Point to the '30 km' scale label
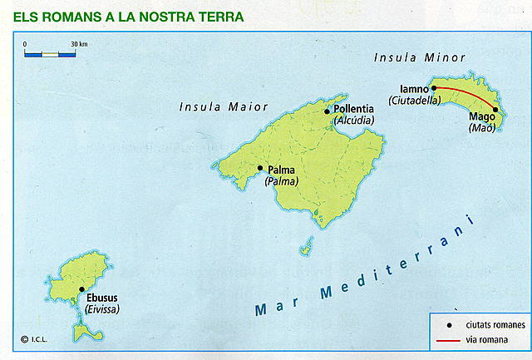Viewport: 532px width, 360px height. pos(79,44)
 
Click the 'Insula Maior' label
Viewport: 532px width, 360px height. pos(224,106)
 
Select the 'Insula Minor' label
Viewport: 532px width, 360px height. pos(420,57)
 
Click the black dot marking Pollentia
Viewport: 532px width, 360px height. pos(328,111)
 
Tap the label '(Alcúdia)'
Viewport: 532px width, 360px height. pos(354,121)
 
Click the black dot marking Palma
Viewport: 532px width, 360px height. pos(260,168)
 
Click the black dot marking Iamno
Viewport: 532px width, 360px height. pos(433,87)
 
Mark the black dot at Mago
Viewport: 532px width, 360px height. pos(495,110)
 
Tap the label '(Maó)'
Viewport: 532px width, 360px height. pos(482,128)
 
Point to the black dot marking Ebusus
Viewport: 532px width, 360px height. pos(81,290)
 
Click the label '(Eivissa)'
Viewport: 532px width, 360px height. pos(102,308)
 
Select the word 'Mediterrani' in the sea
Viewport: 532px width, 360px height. pos(399,259)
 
